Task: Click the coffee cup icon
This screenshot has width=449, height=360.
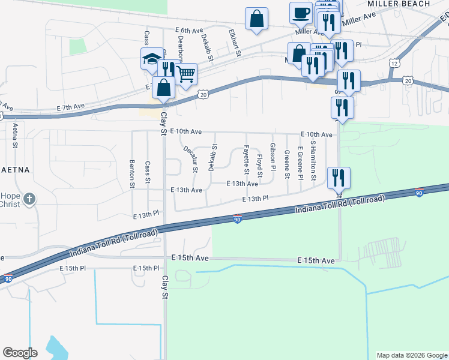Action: pos(301,13)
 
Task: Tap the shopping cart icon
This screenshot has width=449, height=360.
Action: pos(186,74)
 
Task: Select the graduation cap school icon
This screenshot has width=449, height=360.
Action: pos(151,59)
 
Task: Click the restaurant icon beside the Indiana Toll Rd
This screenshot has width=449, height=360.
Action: pos(339,178)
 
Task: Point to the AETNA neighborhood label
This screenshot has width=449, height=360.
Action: pos(13,170)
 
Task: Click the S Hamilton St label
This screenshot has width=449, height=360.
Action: pos(313,161)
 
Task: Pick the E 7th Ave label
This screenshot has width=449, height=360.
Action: pos(71,107)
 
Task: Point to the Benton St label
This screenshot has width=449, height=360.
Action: pos(132,173)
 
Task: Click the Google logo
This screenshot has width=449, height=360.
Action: pos(20,353)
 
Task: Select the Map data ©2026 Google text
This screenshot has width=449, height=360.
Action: pos(411,355)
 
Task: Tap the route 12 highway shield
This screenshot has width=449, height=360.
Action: pos(394,62)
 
